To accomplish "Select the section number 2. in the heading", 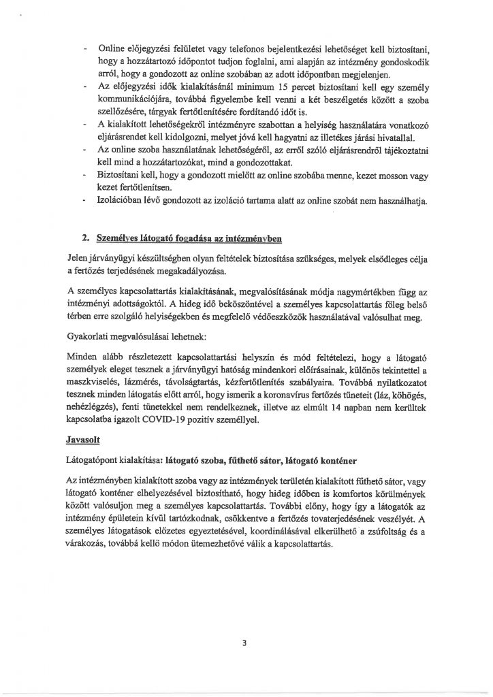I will [86, 238].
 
